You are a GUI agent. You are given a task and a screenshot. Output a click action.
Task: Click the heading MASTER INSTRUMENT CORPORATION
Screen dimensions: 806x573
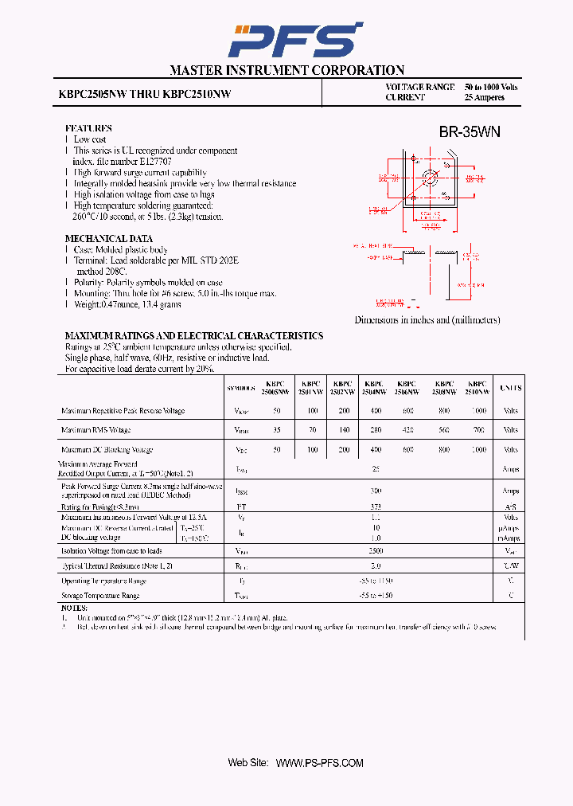click(286, 70)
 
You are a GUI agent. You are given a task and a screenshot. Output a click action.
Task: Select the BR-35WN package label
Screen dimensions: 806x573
click(470, 132)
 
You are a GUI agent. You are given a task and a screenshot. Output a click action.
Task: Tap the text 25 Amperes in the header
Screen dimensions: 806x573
click(485, 97)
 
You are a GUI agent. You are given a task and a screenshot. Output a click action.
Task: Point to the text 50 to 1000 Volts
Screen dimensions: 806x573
click(491, 87)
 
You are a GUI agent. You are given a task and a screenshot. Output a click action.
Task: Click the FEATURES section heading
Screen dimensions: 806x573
click(88, 128)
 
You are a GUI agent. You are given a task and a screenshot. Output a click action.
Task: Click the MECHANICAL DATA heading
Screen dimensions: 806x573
click(108, 239)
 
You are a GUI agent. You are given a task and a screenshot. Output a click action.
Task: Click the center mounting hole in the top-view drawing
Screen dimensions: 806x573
click(431, 177)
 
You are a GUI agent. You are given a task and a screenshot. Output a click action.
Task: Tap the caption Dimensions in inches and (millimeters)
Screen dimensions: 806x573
click(427, 319)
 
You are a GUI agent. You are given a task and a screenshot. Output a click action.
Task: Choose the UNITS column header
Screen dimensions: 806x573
click(510, 388)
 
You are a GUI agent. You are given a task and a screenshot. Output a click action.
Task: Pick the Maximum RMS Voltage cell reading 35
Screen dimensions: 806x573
click(276, 430)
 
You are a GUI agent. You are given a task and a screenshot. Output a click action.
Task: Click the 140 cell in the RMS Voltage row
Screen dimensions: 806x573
click(343, 430)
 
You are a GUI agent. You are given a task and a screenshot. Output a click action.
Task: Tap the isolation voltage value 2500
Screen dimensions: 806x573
click(375, 550)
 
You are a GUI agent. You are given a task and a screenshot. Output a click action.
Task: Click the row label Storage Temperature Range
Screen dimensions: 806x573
click(100, 595)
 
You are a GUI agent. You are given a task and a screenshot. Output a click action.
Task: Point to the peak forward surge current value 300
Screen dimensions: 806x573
click(375, 491)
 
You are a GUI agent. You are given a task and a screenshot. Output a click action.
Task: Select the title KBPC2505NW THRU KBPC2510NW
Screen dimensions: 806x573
click(145, 93)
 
